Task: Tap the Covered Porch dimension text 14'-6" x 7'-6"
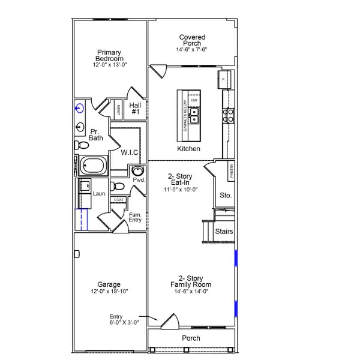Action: tap(193, 50)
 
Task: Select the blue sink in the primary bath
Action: tap(80, 109)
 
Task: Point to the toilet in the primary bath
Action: tap(79, 145)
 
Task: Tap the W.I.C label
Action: tap(130, 153)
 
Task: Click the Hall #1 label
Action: tap(136, 109)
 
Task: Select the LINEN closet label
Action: tap(119, 110)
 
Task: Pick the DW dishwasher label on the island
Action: tap(194, 100)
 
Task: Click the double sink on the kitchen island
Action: tap(194, 116)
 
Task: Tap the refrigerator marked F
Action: tap(224, 79)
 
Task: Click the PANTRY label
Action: tap(231, 172)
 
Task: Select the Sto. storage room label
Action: tap(226, 196)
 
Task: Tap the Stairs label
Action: tap(224, 232)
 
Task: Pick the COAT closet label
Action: tap(119, 200)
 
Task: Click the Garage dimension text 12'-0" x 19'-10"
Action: tap(109, 292)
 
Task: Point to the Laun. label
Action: tap(100, 194)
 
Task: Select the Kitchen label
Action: tap(188, 149)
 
